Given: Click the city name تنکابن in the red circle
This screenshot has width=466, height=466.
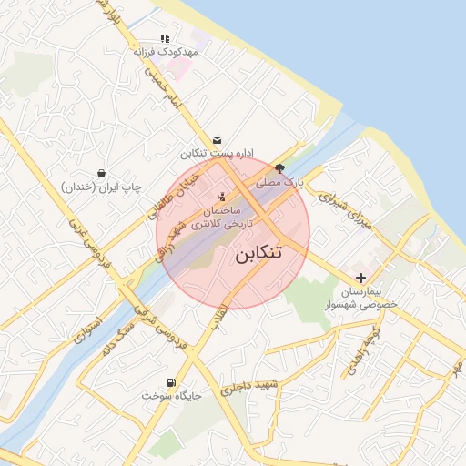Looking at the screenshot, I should (x=271, y=252).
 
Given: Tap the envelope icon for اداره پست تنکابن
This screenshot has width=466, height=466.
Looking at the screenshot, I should (x=217, y=139).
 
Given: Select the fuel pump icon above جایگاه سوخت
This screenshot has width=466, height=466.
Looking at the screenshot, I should (x=170, y=382).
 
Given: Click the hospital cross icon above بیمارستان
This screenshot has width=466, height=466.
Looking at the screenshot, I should (x=361, y=277).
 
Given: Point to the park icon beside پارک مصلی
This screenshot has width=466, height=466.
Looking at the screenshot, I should (x=279, y=168).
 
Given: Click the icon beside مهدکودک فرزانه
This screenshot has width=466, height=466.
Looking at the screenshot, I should (x=165, y=39).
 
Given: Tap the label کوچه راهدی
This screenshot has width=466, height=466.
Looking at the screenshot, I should (x=356, y=356).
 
